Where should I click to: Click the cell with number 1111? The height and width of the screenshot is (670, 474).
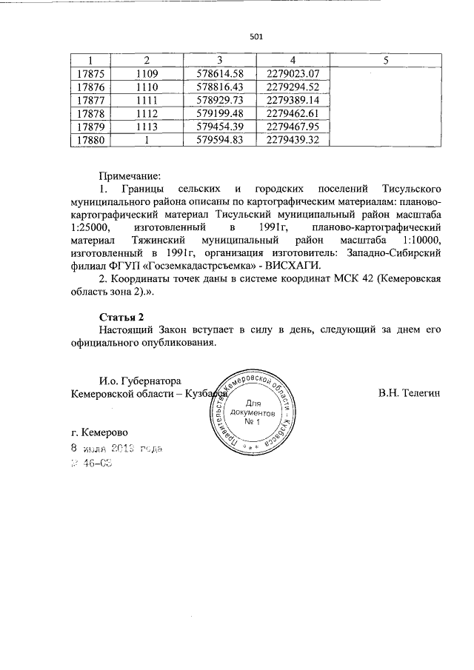pyautogui.click(x=147, y=100)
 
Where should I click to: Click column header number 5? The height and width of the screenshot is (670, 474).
pyautogui.click(x=385, y=60)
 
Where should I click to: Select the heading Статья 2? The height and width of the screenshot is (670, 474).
pyautogui.click(x=121, y=317)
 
